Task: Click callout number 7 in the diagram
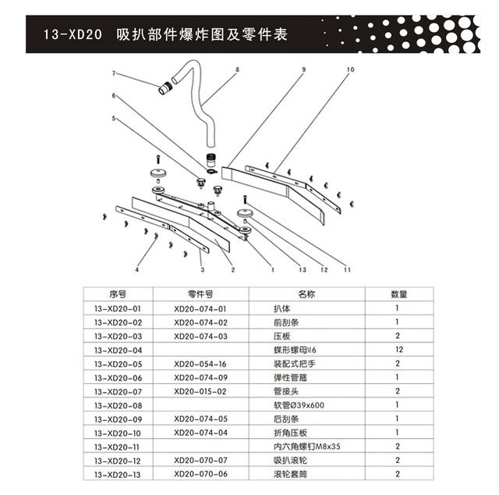tap(114, 73)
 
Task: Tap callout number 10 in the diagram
tap(350, 69)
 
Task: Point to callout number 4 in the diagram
tap(136, 269)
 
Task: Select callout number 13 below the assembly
tap(303, 269)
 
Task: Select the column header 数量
tap(398, 294)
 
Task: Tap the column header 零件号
tap(200, 294)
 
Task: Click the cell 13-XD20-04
tap(117, 350)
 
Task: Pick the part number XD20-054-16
tap(200, 364)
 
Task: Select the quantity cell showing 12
tap(398, 350)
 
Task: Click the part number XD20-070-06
tap(200, 474)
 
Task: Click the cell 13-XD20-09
tap(117, 419)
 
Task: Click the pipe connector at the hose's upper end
tap(165, 90)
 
